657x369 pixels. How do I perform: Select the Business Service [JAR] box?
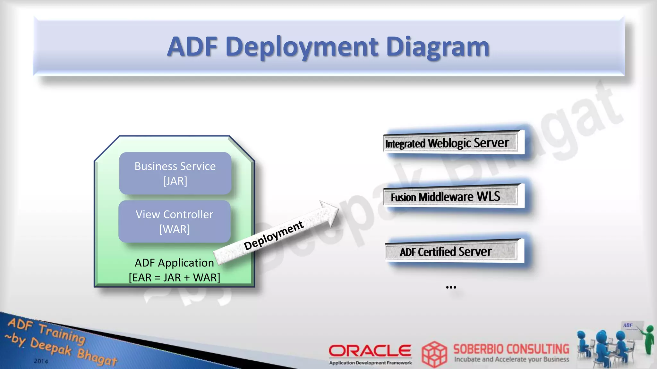[x=175, y=173]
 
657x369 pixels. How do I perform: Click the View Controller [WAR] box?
[x=175, y=222]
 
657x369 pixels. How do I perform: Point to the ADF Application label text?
[x=174, y=263]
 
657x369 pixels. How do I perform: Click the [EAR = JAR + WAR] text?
[x=175, y=277]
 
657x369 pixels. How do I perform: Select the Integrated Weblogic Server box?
[x=450, y=143]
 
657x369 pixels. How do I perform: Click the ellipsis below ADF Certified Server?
[x=451, y=287]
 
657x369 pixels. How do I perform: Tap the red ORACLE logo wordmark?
[x=370, y=351]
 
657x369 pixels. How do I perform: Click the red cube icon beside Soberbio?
[x=434, y=354]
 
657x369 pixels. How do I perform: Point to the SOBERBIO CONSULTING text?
[x=511, y=349]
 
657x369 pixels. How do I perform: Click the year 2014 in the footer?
[x=41, y=361]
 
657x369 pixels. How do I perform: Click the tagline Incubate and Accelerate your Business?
[x=511, y=359]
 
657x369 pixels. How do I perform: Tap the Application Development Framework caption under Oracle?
[x=371, y=363]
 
